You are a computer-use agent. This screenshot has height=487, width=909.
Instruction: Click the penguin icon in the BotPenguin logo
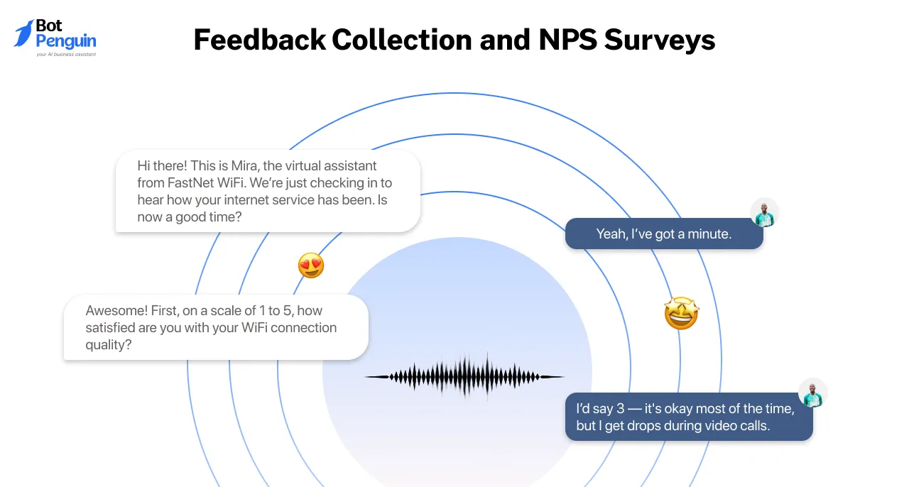pyautogui.click(x=23, y=33)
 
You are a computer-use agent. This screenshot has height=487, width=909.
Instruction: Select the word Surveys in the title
pyautogui.click(x=660, y=40)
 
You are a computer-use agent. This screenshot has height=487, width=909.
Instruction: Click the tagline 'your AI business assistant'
pyautogui.click(x=66, y=54)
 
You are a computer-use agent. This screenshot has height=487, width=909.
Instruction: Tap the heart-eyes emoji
pyautogui.click(x=311, y=266)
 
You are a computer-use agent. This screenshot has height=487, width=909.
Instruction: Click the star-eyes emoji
pyautogui.click(x=681, y=313)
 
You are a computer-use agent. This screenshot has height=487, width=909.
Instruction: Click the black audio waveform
pyautogui.click(x=464, y=376)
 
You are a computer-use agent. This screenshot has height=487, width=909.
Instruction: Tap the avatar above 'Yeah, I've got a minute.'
pyautogui.click(x=765, y=213)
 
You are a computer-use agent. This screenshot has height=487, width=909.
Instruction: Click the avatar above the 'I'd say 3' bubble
pyautogui.click(x=812, y=393)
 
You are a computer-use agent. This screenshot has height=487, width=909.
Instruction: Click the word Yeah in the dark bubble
pyautogui.click(x=611, y=234)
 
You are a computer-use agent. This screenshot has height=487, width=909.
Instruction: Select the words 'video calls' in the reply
pyautogui.click(x=741, y=426)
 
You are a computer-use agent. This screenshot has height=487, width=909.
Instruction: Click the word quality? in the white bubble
pyautogui.click(x=109, y=345)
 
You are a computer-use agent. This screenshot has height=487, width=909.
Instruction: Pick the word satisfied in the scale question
pyautogui.click(x=116, y=328)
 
